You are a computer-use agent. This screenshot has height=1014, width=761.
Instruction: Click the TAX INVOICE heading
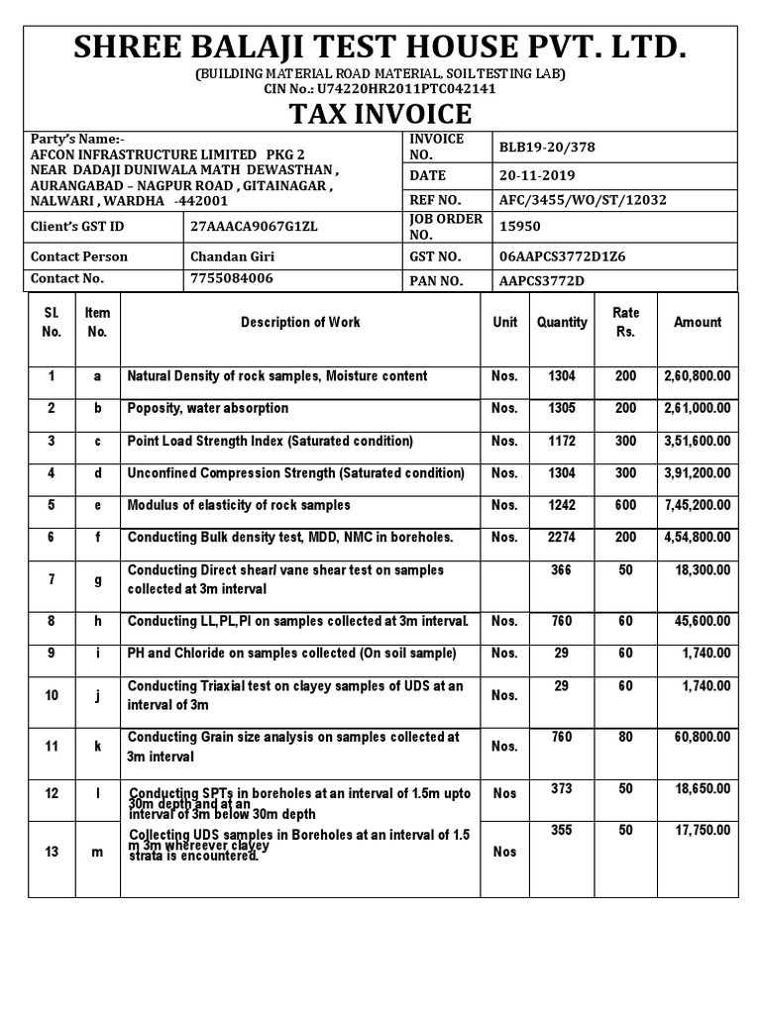(x=380, y=114)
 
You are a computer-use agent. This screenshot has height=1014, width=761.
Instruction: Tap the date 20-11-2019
(x=537, y=175)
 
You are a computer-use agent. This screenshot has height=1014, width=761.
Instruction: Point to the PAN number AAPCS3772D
(x=542, y=281)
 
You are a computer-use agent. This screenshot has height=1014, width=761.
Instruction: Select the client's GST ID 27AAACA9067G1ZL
(x=254, y=227)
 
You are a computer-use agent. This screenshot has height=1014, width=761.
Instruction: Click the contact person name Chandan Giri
(x=232, y=256)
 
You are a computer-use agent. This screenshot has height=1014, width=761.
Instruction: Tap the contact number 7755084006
(x=231, y=279)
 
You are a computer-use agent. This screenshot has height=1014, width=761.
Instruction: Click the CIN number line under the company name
(x=380, y=88)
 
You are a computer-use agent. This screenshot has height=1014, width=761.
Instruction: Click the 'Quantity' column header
(x=562, y=322)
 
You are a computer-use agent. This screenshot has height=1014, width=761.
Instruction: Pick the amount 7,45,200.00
(x=697, y=505)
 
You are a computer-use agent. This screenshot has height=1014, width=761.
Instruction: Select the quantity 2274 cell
(x=562, y=538)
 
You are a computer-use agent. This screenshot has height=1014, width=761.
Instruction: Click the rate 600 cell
(x=625, y=505)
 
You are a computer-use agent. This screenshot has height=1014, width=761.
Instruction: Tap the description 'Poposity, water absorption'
(x=208, y=408)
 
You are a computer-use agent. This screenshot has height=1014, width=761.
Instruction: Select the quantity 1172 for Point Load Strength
(x=562, y=441)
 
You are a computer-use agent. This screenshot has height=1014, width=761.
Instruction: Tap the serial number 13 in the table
(x=52, y=852)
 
